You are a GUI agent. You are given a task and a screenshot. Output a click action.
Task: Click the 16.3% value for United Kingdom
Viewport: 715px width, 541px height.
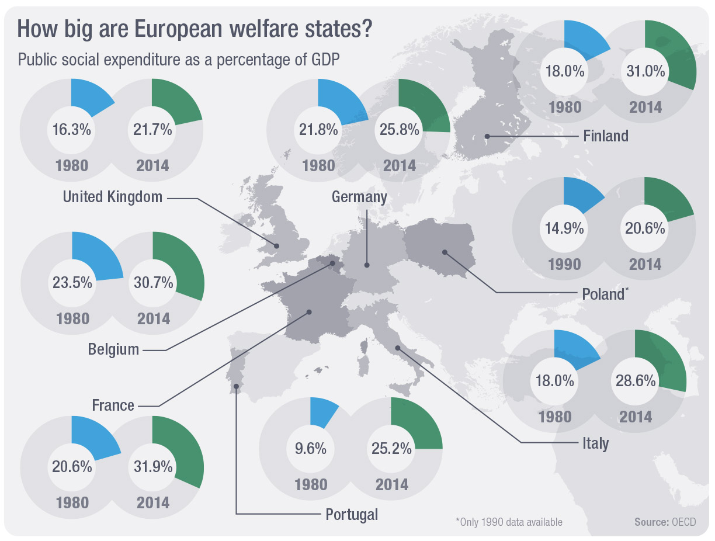pyautogui.click(x=72, y=129)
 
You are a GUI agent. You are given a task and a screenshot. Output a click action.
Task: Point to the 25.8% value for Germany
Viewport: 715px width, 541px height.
pyautogui.click(x=399, y=130)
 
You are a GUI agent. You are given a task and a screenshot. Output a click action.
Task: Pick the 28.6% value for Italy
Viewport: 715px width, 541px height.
pyautogui.click(x=635, y=381)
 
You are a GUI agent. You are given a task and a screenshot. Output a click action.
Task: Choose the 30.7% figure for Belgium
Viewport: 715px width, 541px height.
pyautogui.click(x=153, y=283)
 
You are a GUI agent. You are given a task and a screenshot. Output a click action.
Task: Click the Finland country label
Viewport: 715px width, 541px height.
pyautogui.click(x=606, y=136)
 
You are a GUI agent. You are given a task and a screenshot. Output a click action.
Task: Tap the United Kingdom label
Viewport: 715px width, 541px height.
pyautogui.click(x=113, y=197)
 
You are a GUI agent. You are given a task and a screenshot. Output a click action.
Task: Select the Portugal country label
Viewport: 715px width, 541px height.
pyautogui.click(x=352, y=515)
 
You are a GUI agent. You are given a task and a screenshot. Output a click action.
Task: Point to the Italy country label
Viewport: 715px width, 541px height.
pyautogui.click(x=595, y=443)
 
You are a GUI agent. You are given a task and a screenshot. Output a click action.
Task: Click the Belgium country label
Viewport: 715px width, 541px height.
pyautogui.click(x=113, y=349)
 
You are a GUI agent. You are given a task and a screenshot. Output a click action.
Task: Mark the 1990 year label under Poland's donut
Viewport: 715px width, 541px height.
pyautogui.click(x=564, y=265)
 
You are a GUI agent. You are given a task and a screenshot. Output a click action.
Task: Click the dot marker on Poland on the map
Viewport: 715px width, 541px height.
pyautogui.click(x=445, y=253)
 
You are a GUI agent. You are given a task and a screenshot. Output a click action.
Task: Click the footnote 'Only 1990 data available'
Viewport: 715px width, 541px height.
pyautogui.click(x=509, y=522)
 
